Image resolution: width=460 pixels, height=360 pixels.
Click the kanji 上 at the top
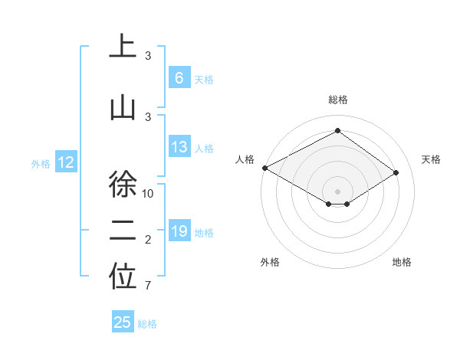(123, 47)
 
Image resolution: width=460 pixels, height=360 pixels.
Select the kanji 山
(123, 107)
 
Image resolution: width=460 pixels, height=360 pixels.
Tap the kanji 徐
(123, 185)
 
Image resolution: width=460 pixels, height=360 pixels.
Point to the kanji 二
(123, 233)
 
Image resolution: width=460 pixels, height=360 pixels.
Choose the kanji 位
(123, 279)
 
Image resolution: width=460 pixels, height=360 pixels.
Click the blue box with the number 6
(179, 78)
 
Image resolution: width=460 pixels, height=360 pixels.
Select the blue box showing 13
(179, 147)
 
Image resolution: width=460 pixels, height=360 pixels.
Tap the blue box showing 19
(179, 231)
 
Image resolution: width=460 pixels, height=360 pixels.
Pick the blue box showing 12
(65, 162)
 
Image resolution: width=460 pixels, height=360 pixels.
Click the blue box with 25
(123, 322)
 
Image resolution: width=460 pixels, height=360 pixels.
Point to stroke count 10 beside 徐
(149, 193)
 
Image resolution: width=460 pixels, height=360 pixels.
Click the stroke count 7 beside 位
(149, 286)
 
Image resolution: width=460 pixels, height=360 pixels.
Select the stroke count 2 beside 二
(149, 241)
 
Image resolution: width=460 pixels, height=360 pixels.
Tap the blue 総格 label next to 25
(147, 324)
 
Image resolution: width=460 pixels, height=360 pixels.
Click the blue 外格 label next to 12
(41, 163)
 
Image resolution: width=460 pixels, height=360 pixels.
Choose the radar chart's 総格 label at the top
(337, 100)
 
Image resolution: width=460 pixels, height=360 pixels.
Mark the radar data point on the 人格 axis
(264, 168)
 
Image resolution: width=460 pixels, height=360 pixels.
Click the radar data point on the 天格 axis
(396, 173)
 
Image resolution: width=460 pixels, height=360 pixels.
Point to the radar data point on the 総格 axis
(337, 131)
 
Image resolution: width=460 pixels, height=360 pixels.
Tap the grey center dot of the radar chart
(337, 190)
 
